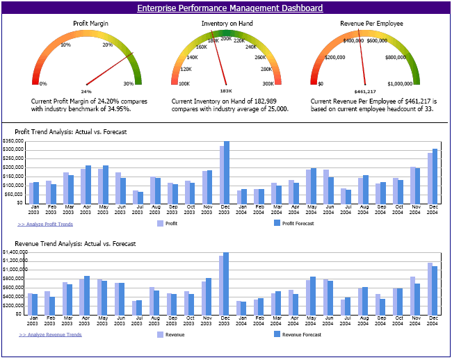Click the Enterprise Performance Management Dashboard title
(229, 8)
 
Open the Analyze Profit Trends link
(45, 224)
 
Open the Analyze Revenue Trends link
(50, 334)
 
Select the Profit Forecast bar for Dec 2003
(227, 172)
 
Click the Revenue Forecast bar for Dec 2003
(226, 283)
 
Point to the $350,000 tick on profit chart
(14, 141)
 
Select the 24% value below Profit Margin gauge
(86, 91)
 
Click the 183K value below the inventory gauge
(226, 91)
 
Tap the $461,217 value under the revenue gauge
(364, 91)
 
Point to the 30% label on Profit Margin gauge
(129, 83)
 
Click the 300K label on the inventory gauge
(268, 83)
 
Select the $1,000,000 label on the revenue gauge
(401, 83)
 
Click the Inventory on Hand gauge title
(225, 23)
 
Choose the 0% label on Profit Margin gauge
(43, 83)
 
